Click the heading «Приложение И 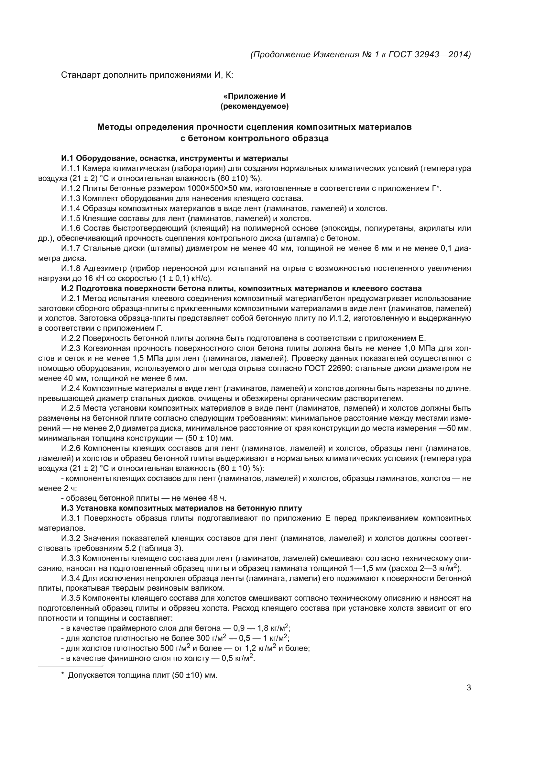point(254,96)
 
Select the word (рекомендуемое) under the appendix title point(254,107)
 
